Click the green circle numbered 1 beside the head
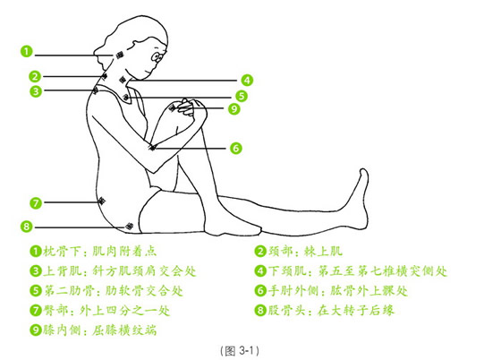click(30, 51)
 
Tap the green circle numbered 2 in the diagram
click(33, 76)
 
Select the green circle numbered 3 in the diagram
click(33, 90)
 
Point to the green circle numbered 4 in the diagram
click(247, 79)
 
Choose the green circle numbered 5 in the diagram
click(242, 95)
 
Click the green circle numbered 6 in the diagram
click(236, 147)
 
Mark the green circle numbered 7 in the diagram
click(34, 202)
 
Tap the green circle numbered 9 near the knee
click(234, 109)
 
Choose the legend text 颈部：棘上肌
click(305, 252)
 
